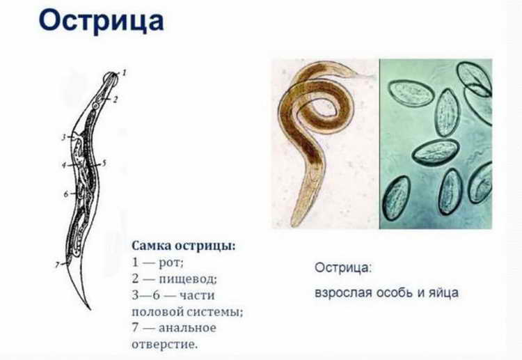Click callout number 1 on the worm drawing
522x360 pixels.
tap(125, 72)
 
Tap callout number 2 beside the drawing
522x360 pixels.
tap(116, 100)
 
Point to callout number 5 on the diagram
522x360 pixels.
tap(104, 163)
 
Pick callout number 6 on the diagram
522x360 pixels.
tap(67, 194)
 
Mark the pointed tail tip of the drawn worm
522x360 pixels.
tap(88, 307)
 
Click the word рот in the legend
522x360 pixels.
tap(172, 263)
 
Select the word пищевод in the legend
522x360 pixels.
tap(189, 279)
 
